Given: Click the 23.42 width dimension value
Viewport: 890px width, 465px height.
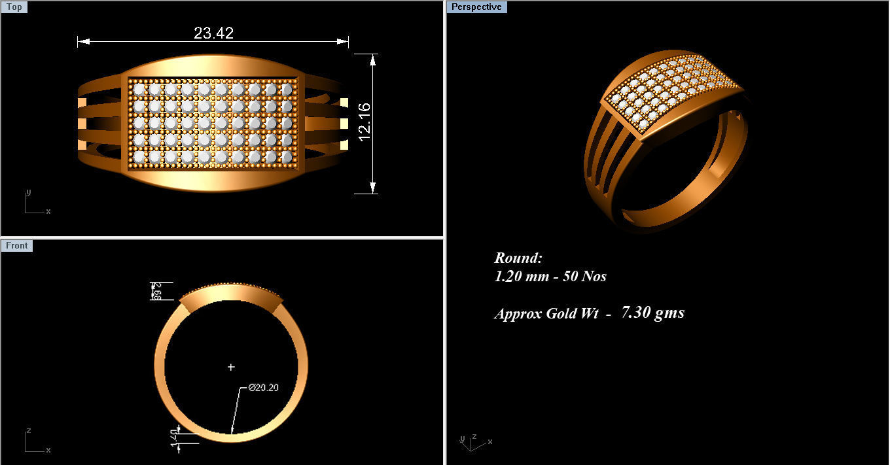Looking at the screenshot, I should [213, 33].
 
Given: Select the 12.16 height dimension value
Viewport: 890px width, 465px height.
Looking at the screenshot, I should [365, 122].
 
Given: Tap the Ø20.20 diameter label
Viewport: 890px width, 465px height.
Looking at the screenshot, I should [264, 388].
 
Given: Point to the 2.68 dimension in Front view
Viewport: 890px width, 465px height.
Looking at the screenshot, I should [156, 291].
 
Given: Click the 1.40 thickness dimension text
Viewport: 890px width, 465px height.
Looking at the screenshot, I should [175, 438].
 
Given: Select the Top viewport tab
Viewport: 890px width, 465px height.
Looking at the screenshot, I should [14, 7].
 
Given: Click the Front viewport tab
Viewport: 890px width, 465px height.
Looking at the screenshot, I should [17, 246].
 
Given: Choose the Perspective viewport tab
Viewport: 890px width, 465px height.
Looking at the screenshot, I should [476, 7].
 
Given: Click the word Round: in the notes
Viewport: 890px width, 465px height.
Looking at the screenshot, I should [518, 258].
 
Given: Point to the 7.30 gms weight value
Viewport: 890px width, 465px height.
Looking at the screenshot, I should [652, 313].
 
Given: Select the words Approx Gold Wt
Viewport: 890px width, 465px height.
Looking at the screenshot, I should [546, 313].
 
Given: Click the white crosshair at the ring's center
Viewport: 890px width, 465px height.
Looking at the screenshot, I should [231, 368].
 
